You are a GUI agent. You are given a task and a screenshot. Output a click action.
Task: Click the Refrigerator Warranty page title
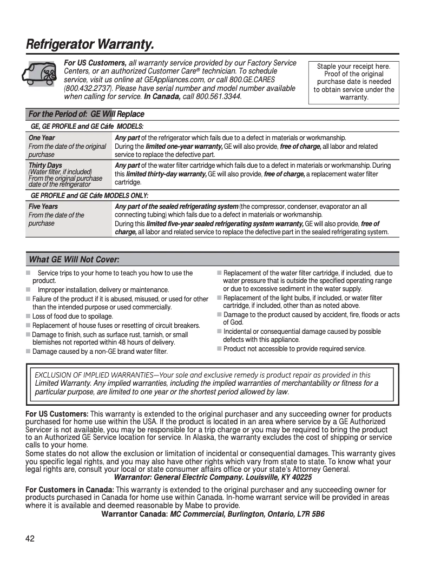(x=90, y=44)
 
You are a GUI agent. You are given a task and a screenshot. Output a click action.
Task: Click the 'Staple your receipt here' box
(x=354, y=82)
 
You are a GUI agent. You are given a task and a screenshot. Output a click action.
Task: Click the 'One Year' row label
(x=42, y=138)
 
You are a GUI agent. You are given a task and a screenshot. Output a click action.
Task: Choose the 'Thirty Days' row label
(x=45, y=165)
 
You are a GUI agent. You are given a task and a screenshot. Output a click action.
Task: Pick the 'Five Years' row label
(x=43, y=207)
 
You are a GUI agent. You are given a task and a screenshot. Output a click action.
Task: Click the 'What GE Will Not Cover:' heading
(x=74, y=259)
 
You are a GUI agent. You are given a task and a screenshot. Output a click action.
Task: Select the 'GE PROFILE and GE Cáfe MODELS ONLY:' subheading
(x=89, y=195)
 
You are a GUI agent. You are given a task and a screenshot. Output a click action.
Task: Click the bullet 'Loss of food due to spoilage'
(x=73, y=316)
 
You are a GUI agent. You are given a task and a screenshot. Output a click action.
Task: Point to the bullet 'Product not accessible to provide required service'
(x=294, y=349)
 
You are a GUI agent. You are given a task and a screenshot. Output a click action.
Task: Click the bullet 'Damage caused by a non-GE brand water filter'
(x=100, y=352)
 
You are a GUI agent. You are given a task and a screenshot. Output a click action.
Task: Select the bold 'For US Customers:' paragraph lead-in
(x=57, y=414)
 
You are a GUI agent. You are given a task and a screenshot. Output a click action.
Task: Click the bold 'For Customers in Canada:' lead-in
(x=69, y=490)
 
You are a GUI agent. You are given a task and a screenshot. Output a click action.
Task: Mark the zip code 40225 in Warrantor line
(x=300, y=477)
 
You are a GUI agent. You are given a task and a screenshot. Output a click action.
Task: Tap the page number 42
(x=30, y=538)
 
